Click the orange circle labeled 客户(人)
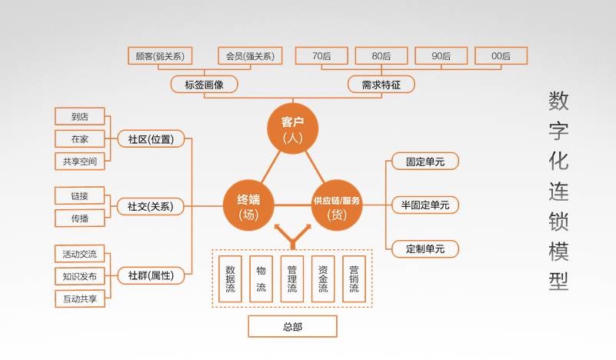[x=292, y=128]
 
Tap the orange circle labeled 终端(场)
[x=248, y=205]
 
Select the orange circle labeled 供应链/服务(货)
[x=337, y=205]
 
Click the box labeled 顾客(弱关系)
[x=159, y=55]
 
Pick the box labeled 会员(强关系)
[x=250, y=55]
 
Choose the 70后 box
[x=321, y=55]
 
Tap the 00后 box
[x=501, y=55]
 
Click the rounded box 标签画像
[x=204, y=85]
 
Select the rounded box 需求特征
[x=381, y=85]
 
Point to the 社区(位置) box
[x=151, y=139]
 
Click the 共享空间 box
[x=80, y=161]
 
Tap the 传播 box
[x=80, y=218]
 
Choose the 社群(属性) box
[x=151, y=275]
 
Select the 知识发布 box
[x=80, y=276]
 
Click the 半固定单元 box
[x=425, y=205]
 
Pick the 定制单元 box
[x=425, y=249]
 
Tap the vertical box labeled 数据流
[x=230, y=278]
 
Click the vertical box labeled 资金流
[x=323, y=278]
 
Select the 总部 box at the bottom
[x=292, y=326]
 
